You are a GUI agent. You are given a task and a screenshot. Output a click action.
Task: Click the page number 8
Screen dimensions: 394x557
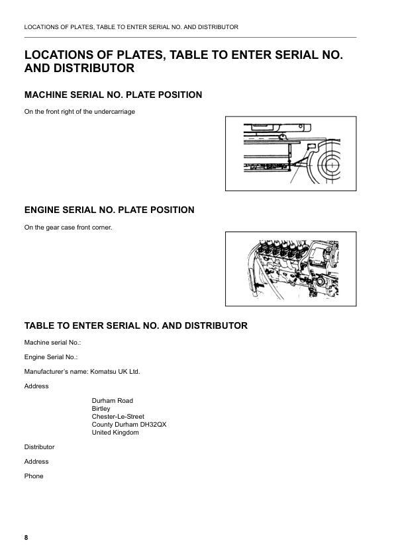(x=26, y=538)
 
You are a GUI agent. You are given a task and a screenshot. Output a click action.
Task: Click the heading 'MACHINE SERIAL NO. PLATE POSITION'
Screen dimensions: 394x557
(x=113, y=95)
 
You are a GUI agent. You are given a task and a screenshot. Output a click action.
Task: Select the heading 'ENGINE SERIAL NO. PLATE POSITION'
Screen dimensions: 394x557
(x=109, y=210)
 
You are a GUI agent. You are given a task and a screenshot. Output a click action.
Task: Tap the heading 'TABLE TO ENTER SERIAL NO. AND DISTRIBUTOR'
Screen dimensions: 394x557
(x=136, y=326)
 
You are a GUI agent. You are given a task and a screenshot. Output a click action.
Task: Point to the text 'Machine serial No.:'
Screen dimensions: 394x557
(x=52, y=343)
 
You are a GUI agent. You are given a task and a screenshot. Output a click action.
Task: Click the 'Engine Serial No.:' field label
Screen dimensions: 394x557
(x=51, y=357)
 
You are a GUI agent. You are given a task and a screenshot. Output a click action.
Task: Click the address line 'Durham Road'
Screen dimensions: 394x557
(x=113, y=401)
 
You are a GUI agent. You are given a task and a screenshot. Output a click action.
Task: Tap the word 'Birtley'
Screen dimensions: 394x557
(x=101, y=409)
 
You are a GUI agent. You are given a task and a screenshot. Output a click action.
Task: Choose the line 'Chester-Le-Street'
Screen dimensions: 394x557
(x=118, y=417)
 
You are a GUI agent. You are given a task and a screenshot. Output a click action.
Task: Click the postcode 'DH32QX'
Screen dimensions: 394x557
(x=152, y=425)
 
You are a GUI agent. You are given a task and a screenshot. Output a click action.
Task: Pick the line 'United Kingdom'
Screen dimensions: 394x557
(x=115, y=433)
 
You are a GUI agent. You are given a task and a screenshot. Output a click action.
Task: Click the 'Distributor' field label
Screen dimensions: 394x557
(x=39, y=447)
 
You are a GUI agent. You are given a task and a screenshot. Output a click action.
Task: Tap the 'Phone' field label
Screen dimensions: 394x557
(x=34, y=476)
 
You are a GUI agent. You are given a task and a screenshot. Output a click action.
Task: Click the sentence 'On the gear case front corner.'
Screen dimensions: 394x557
(x=68, y=228)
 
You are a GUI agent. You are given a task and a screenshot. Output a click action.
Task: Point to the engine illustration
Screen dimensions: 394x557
(x=291, y=269)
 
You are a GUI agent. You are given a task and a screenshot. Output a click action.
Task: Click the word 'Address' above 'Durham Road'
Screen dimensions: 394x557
(x=36, y=386)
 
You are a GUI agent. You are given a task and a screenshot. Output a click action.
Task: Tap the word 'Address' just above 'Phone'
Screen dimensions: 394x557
(x=36, y=462)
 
